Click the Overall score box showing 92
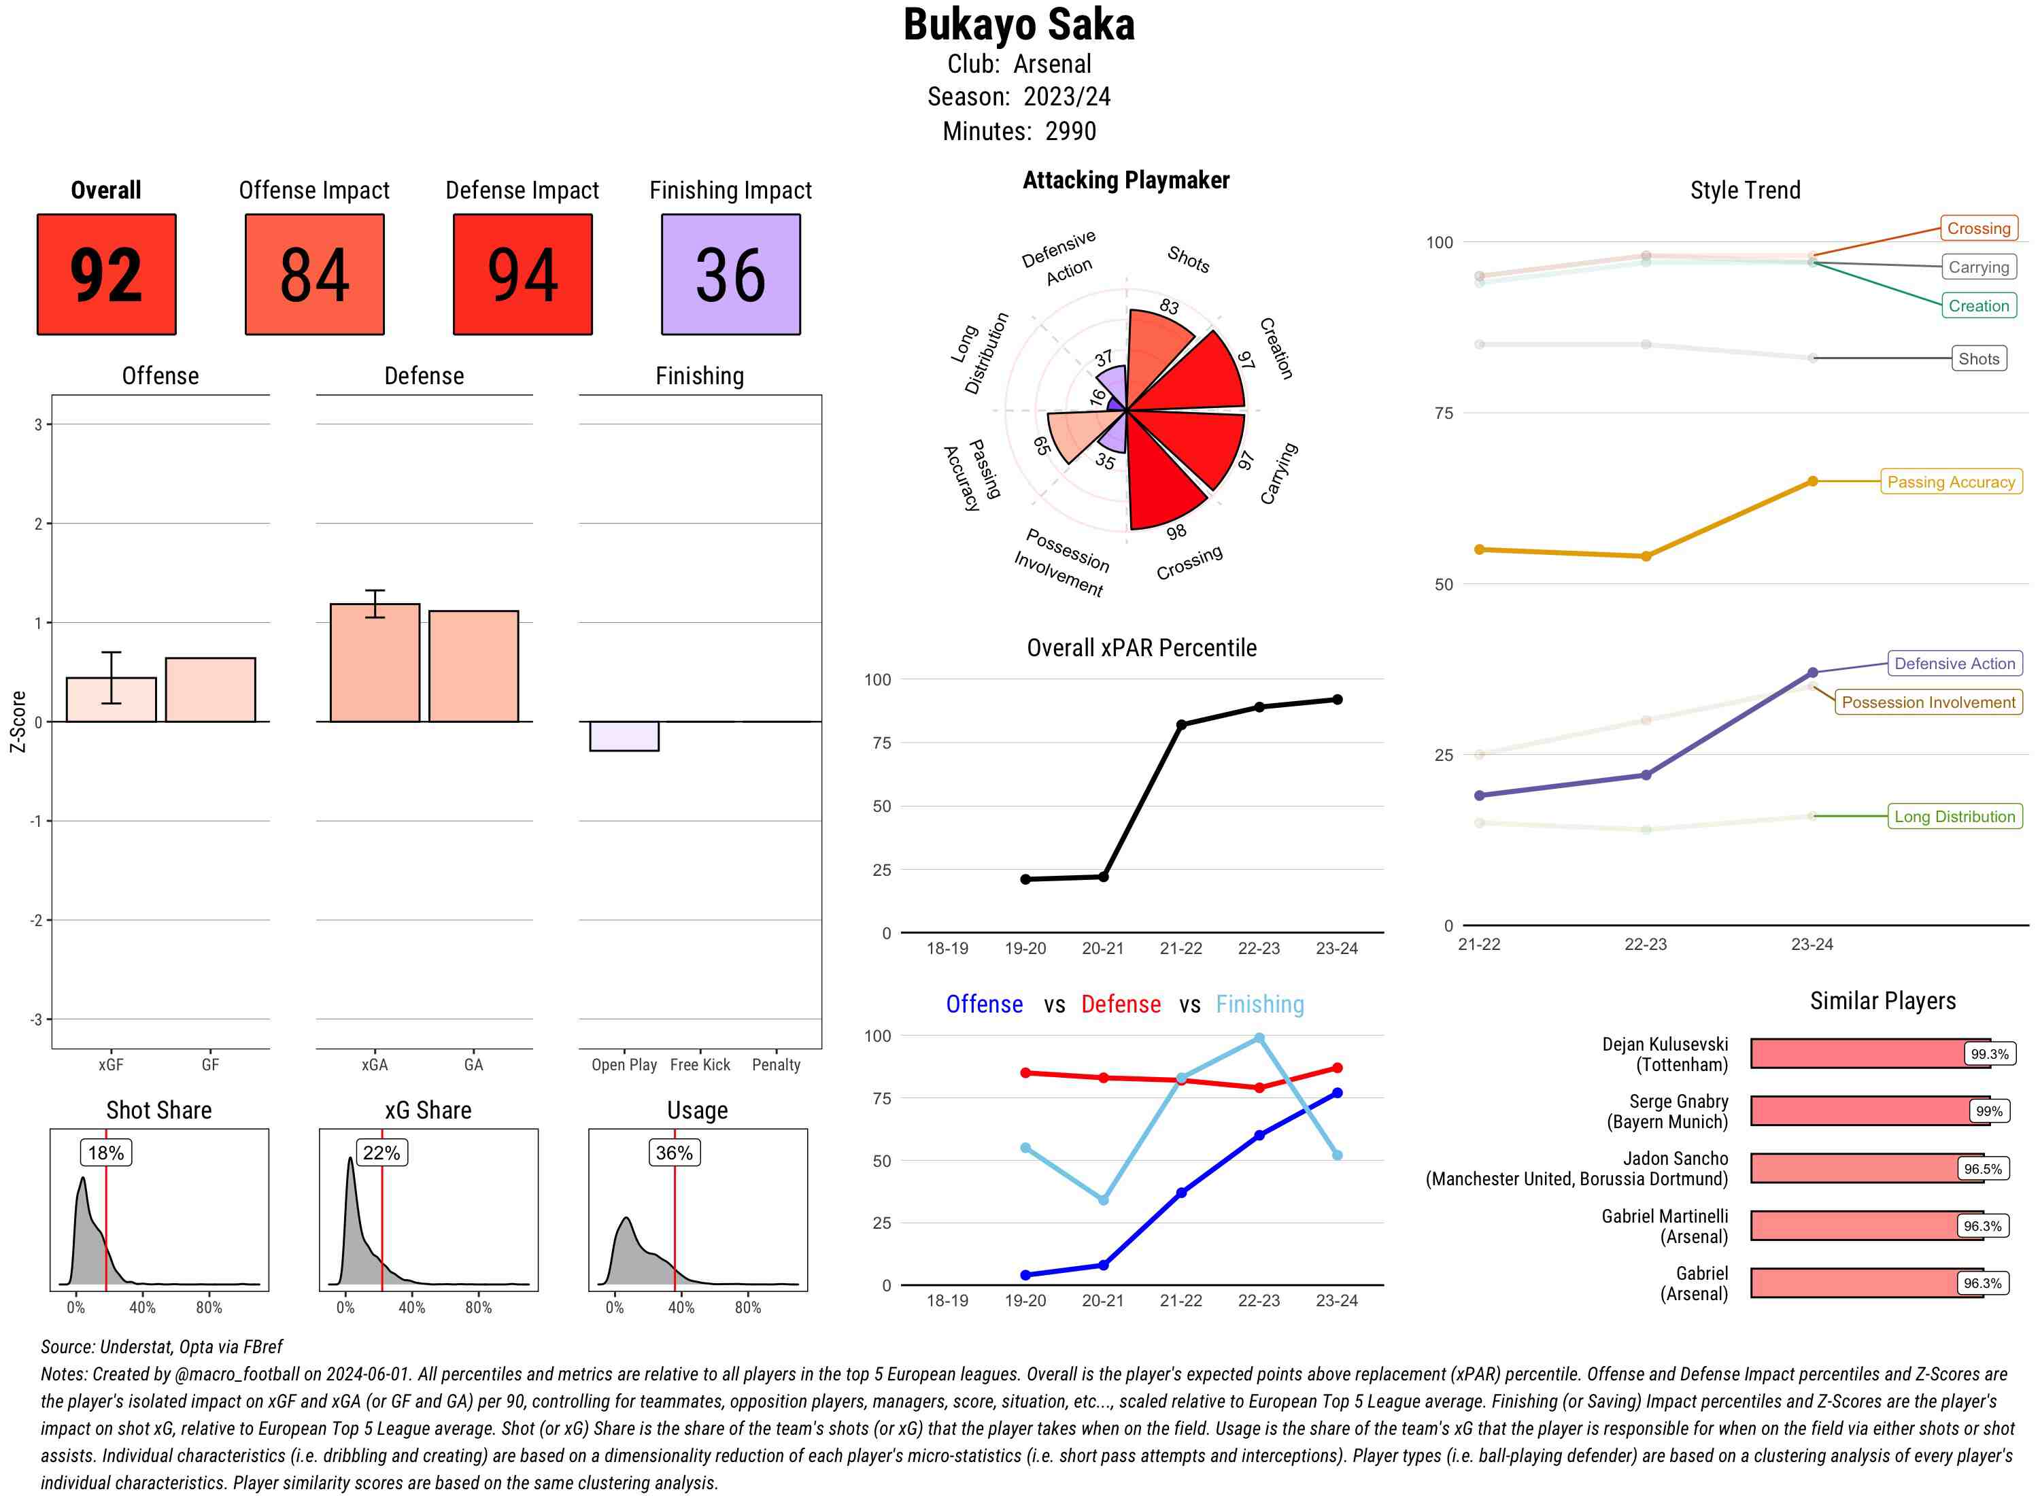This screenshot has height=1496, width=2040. pos(106,275)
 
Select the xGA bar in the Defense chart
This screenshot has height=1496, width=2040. pos(374,663)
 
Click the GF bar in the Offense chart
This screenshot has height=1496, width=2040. pos(210,690)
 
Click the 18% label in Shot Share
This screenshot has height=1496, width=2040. pos(106,1153)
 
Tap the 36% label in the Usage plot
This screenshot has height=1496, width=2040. pos(674,1153)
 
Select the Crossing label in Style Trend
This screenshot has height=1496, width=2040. pos(1977,228)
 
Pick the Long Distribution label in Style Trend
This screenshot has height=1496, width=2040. pos(1954,817)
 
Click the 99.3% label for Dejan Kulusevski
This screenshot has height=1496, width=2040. pos(1988,1054)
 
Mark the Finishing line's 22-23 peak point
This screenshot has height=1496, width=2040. pos(1259,1038)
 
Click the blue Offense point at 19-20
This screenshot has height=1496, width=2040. pos(1025,1275)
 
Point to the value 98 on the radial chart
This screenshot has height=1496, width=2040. pos(1175,532)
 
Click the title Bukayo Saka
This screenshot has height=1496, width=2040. pos(1019,25)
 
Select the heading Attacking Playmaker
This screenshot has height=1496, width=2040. pos(1125,180)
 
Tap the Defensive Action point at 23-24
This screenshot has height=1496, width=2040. pos(1812,673)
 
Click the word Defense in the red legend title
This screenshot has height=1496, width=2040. pos(1120,1004)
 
